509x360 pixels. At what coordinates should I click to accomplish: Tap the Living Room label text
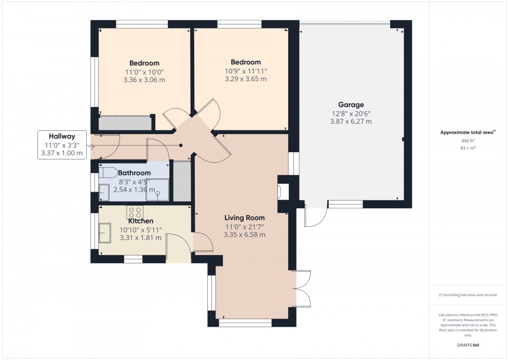click(244, 218)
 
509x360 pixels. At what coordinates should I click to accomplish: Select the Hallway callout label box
click(61, 145)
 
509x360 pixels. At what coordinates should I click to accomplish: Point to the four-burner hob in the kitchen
click(136, 212)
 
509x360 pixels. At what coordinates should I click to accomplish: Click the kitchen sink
click(106, 233)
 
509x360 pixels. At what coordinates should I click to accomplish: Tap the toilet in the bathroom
click(109, 172)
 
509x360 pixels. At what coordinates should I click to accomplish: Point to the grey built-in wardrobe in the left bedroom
click(125, 123)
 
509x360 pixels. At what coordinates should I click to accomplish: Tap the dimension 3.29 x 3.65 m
click(246, 79)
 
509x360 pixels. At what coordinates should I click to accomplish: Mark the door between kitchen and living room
click(201, 243)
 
